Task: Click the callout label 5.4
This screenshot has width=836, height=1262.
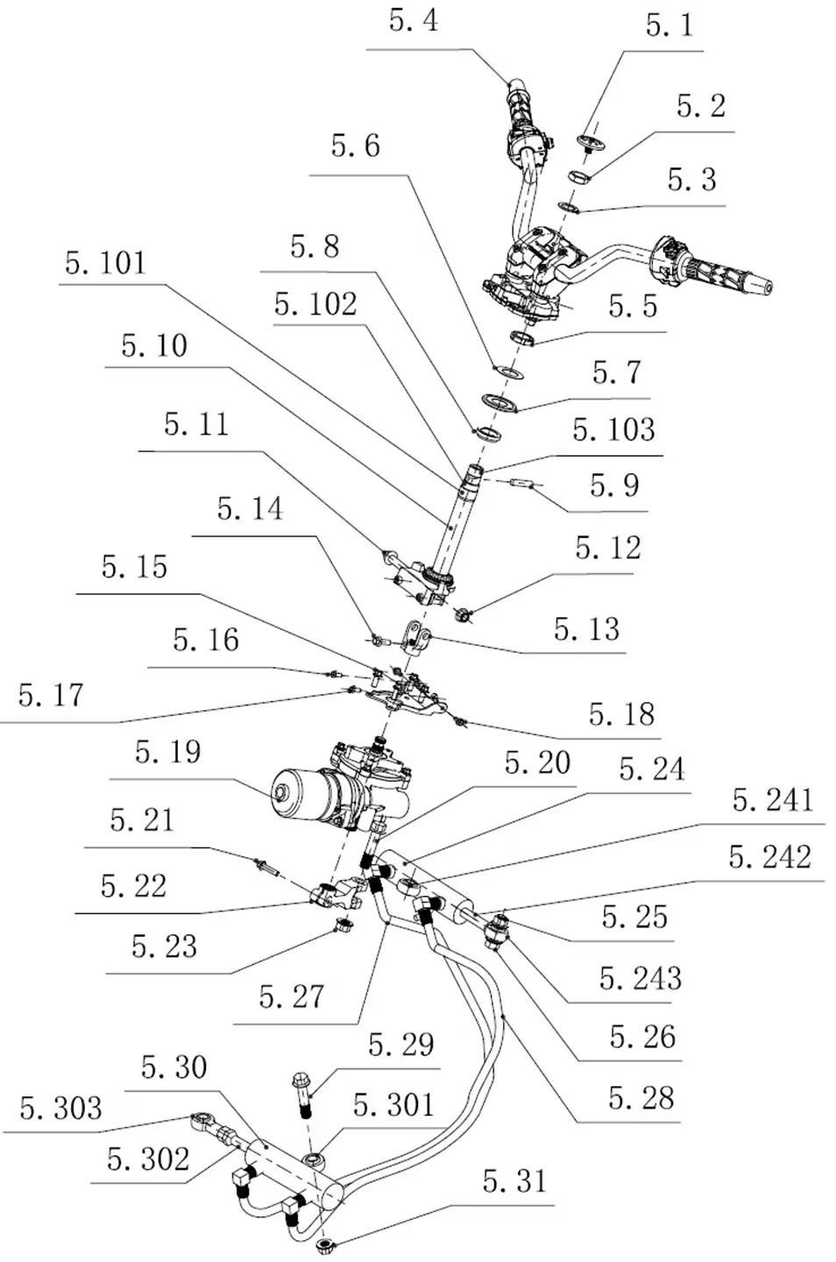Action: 413,21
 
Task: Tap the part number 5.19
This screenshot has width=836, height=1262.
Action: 167,753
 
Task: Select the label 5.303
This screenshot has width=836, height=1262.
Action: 60,1109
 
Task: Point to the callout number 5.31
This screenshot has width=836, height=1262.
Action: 514,1181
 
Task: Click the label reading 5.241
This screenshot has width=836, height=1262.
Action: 772,800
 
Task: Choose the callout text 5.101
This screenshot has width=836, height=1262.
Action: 105,263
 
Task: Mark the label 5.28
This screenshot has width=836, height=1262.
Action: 641,1098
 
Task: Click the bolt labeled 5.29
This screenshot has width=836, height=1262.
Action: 303,1092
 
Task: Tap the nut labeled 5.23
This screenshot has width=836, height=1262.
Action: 344,924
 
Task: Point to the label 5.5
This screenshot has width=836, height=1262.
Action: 632,306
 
